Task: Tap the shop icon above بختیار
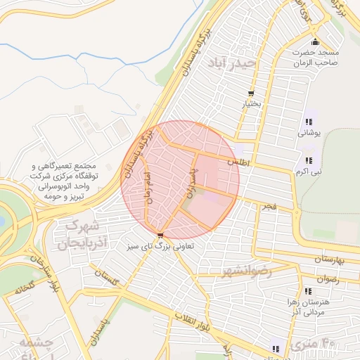tap(251, 94)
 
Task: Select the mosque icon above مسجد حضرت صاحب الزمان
tap(316, 40)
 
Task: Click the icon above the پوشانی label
tap(309, 121)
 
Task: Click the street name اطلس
tap(235, 162)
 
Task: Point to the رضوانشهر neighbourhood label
tap(245, 271)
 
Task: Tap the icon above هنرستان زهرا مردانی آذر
tap(308, 291)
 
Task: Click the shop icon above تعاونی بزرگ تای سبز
tap(161, 235)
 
